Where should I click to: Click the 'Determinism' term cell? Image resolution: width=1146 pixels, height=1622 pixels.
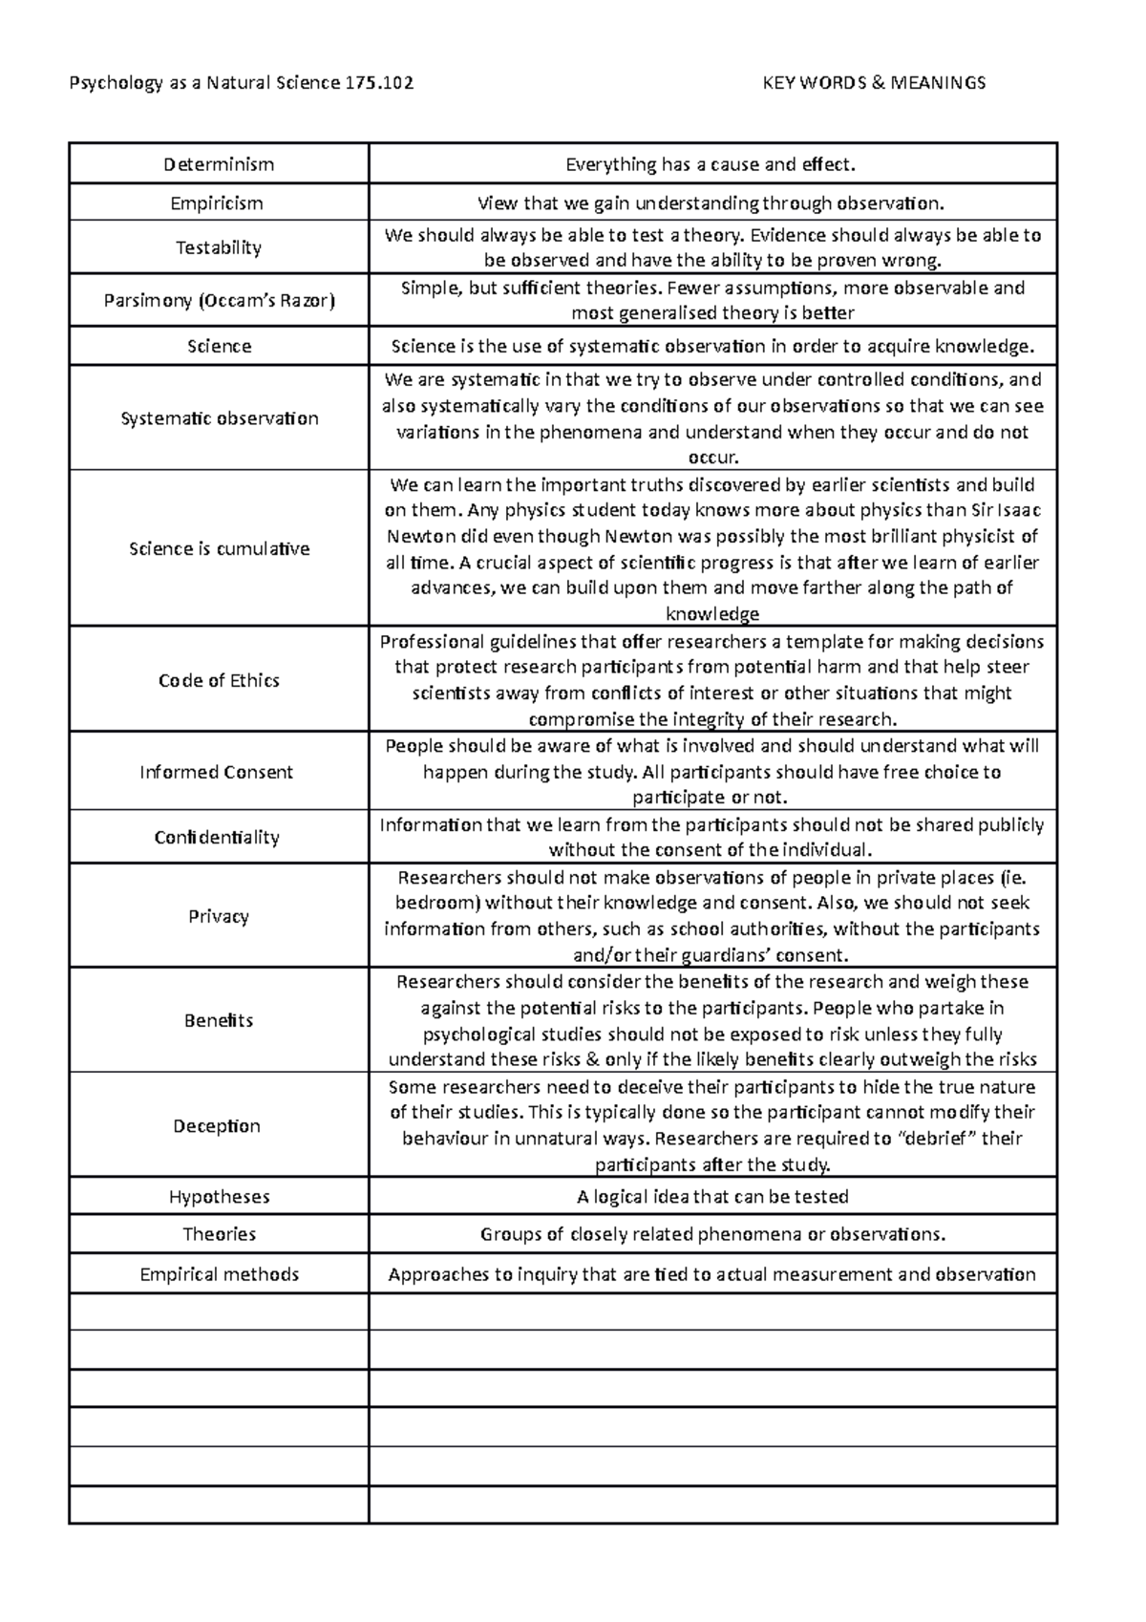pos(219,164)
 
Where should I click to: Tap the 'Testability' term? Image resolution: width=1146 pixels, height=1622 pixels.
pos(218,247)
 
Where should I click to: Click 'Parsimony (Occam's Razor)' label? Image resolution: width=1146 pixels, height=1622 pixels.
pos(219,301)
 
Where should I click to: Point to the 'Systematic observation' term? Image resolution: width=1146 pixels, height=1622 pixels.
pos(219,418)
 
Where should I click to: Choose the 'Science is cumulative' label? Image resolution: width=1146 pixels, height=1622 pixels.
pos(219,548)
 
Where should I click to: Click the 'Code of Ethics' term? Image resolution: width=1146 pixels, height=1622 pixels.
pos(219,680)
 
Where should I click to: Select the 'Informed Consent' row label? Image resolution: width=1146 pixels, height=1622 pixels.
pos(216,772)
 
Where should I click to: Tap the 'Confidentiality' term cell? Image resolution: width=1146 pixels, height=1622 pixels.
pos(217,837)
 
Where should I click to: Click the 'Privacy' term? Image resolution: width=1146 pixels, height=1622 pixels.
pos(219,916)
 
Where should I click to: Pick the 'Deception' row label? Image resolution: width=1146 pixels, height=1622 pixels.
pos(217,1125)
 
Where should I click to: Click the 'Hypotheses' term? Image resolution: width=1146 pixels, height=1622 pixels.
pos(219,1196)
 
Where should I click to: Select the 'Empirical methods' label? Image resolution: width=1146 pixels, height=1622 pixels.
pos(219,1274)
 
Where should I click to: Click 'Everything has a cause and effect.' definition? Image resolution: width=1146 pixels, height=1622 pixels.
pos(711,164)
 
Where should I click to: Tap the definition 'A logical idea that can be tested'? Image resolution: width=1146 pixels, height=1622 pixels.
pos(712,1196)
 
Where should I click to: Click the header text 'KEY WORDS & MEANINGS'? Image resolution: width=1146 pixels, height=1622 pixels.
pos(874,83)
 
